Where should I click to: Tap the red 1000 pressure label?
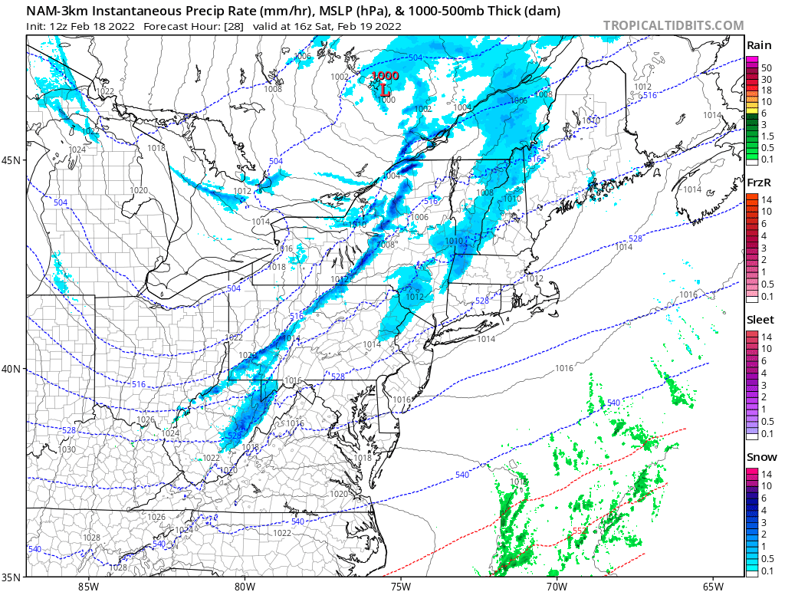tap(385, 76)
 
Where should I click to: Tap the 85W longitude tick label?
tap(88, 587)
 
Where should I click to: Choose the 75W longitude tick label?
tap(400, 587)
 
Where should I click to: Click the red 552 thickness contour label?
tap(580, 531)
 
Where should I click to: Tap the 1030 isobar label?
tap(67, 449)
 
